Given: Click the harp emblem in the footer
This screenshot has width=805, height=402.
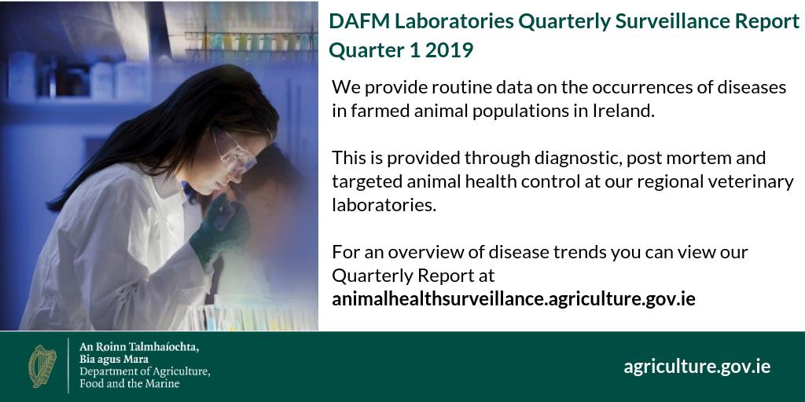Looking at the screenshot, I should coord(44,367).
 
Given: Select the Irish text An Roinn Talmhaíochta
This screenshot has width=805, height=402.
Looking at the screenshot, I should coord(139,346).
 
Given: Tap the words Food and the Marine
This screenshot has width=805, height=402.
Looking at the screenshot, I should coord(130,384).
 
